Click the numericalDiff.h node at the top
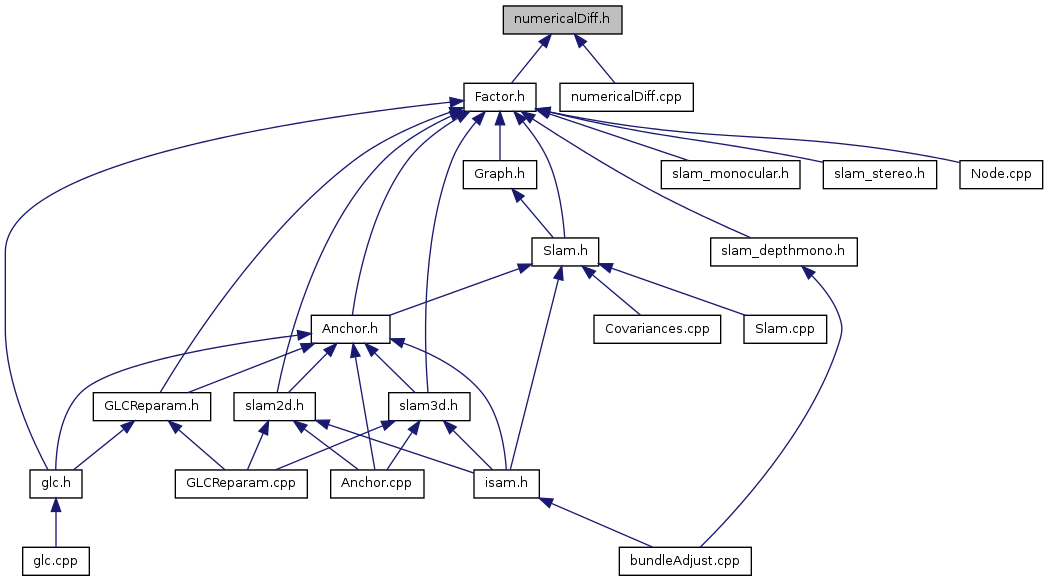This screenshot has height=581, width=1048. pos(562,21)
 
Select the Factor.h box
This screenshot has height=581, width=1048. pos(500,97)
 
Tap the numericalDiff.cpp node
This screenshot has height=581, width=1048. pos(626,97)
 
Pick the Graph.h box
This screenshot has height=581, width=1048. pos(499,174)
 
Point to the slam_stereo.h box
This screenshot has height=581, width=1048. pos(879,174)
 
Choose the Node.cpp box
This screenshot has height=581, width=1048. pos(1000,174)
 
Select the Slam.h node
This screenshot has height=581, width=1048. pos(563,251)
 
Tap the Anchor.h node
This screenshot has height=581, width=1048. pos(349,328)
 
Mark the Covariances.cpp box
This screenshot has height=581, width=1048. pos(657,328)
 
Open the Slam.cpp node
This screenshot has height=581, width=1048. pos(785,328)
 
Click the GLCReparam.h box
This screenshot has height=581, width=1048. pos(152,406)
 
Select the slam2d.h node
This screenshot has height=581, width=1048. pos(274,406)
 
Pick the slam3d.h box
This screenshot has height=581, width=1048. pos(429,406)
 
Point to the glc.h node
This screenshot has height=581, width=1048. pos(55,483)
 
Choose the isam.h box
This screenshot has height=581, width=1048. pos(507,483)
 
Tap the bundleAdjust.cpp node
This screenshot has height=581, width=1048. pos(684,560)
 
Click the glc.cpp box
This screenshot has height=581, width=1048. pos(55,560)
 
